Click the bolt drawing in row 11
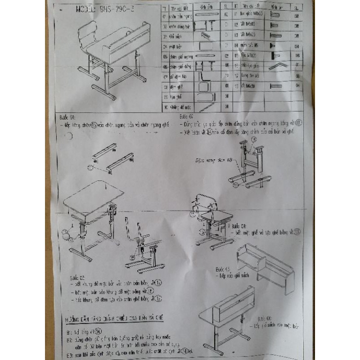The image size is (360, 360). pos(275,15)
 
